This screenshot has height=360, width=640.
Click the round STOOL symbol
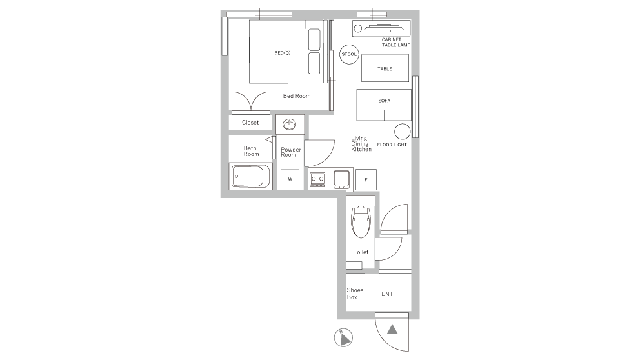coord(348,54)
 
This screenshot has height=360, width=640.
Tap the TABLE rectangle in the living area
coord(385,68)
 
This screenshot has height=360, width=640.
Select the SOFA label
coord(385,101)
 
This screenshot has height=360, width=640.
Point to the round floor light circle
coord(403,131)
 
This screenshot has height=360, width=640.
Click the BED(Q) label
coord(282,53)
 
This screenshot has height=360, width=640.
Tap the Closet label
coord(250,122)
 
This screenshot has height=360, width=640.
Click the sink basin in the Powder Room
coord(290,124)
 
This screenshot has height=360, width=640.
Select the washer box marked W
coord(290,179)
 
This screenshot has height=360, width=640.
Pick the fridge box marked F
coord(365,179)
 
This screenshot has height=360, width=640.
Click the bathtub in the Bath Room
coord(250,176)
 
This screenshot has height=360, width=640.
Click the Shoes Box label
coord(355,294)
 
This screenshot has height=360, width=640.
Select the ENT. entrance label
coord(388,294)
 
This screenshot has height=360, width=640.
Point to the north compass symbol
coord(343,337)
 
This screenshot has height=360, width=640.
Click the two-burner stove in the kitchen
coord(317,179)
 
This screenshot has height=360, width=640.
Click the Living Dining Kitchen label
coord(361,144)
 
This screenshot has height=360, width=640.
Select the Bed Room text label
coord(297,96)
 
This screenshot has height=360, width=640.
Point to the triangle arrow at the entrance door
coord(392,330)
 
